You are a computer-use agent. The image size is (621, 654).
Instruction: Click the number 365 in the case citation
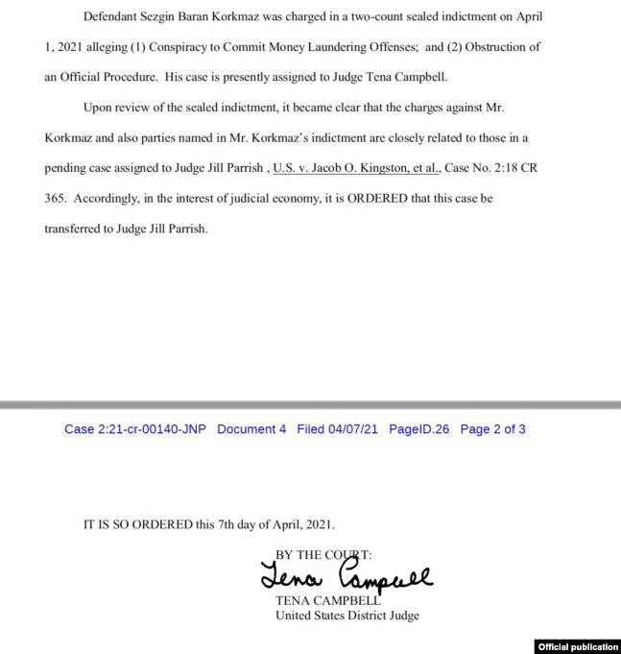(x=55, y=198)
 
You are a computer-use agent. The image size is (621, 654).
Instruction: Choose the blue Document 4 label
(x=251, y=429)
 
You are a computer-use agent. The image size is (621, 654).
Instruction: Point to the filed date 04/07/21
(x=355, y=429)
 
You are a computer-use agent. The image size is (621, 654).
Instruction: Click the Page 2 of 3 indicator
(x=493, y=429)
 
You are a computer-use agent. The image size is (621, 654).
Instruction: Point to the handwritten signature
(x=346, y=576)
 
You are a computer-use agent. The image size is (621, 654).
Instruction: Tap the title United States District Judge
(x=347, y=616)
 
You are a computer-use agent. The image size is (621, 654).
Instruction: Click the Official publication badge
(x=579, y=645)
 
